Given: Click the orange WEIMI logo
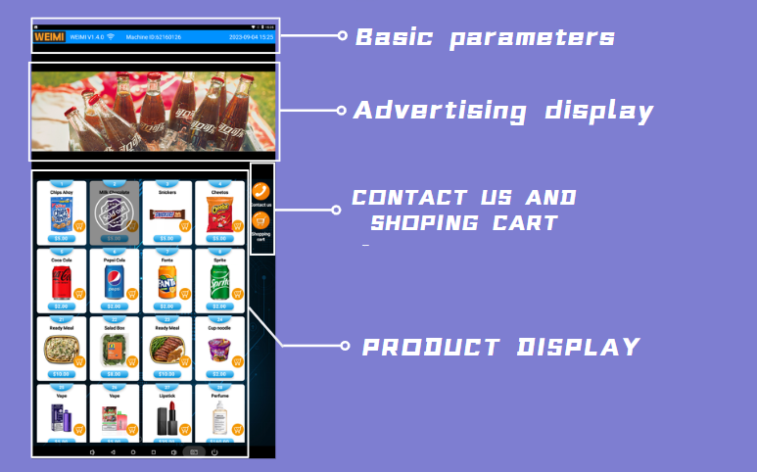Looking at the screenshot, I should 49,37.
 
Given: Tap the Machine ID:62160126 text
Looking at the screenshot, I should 154,37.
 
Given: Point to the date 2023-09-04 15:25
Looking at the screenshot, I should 251,37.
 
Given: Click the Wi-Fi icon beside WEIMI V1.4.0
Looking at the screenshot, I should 111,37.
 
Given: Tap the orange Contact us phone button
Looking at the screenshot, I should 260,192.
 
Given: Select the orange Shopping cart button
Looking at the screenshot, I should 260,221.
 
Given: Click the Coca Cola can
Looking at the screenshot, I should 61,281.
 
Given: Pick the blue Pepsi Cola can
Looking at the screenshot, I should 113,281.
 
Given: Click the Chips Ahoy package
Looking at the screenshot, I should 60,213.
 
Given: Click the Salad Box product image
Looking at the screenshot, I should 113,350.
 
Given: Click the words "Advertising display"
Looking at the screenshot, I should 502,111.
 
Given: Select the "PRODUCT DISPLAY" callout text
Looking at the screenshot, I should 500,347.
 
